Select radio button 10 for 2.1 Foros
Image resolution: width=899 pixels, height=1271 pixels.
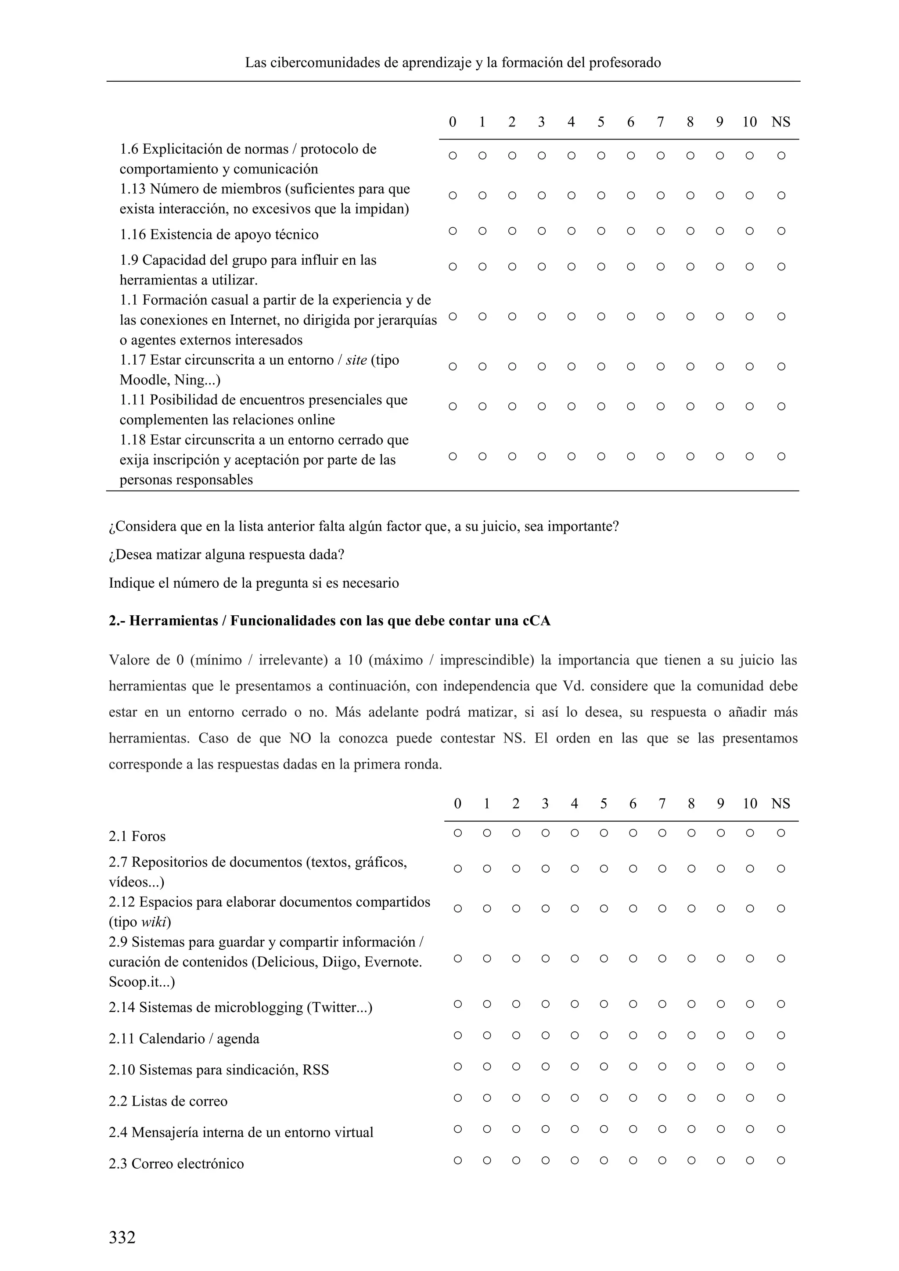point(750,833)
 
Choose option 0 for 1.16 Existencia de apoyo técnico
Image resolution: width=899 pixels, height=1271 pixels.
point(452,231)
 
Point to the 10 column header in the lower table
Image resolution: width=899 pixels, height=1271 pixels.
point(750,804)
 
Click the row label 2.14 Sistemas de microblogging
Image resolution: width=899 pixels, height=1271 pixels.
point(240,1008)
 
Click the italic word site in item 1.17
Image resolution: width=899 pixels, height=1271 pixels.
point(356,360)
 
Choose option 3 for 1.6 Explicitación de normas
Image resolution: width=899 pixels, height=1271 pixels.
point(541,155)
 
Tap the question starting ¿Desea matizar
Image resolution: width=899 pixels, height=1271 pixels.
point(227,555)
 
